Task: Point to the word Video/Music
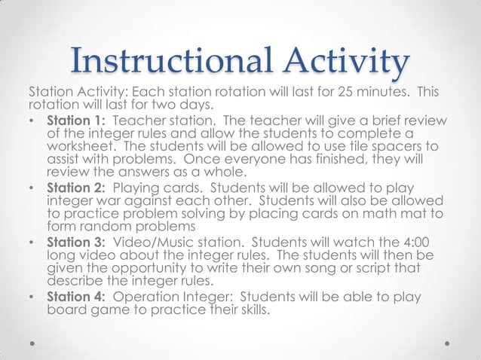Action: (153, 241)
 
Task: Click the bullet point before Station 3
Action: (31, 242)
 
